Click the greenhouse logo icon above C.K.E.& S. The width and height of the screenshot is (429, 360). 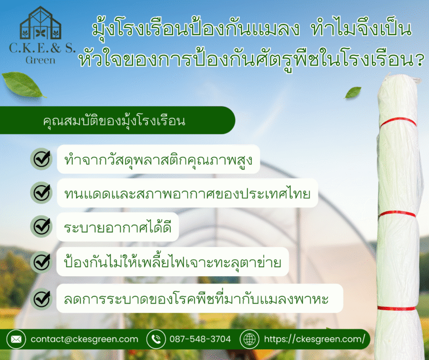(40, 23)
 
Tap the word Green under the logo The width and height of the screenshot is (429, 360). (40, 59)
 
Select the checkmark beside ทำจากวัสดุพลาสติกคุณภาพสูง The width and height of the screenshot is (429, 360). (41, 159)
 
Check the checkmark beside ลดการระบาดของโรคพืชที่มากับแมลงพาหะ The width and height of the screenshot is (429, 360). (41, 299)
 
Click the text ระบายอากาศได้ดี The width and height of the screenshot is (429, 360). (117, 226)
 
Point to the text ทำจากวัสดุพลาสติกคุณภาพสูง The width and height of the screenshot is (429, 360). (159, 159)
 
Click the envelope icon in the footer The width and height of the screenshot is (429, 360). (16, 339)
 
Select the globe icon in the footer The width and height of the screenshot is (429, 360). (249, 339)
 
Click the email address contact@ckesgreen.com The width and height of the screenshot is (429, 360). (84, 339)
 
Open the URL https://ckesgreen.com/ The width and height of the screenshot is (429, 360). (314, 339)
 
